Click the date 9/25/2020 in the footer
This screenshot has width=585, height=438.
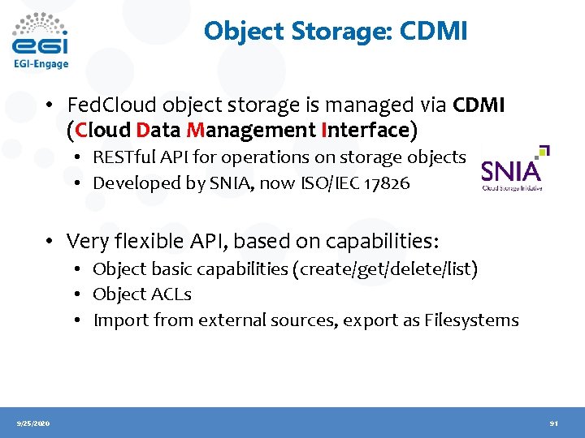32,423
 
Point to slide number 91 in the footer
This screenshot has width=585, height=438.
553,423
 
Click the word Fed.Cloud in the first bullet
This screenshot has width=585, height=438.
103,105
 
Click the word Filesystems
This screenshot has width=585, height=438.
471,320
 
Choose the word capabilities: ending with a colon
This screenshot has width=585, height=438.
377,241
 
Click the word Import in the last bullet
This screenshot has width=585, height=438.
119,320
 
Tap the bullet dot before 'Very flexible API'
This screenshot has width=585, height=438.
50,241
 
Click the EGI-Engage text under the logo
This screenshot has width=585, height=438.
41,64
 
